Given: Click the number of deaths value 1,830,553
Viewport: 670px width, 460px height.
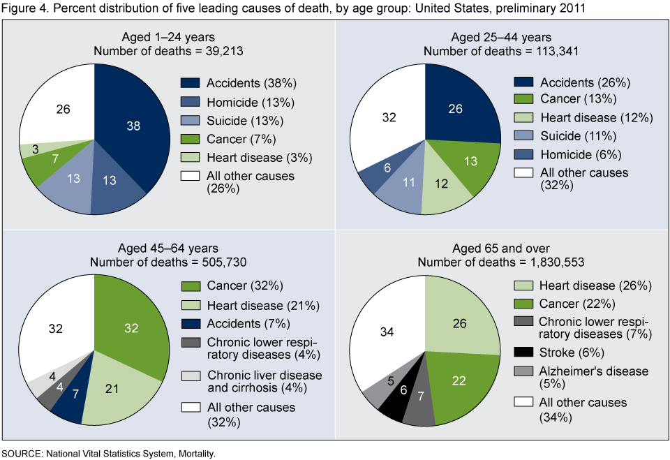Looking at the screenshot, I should pyautogui.click(x=551, y=262).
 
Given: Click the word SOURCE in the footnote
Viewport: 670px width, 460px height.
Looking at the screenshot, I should pyautogui.click(x=22, y=453).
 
